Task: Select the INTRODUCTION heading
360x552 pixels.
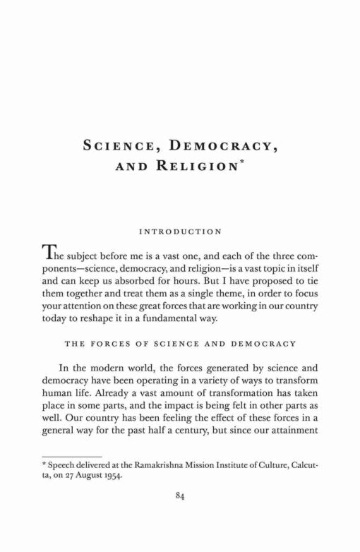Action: (180, 231)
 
